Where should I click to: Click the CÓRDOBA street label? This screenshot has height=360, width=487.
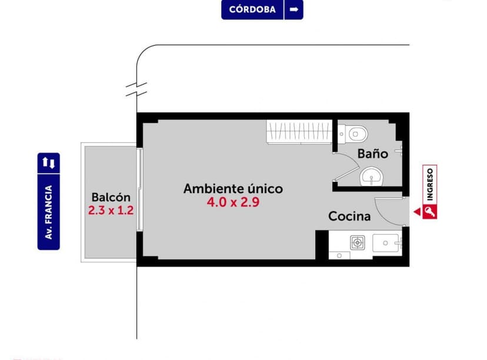(x=252, y=10)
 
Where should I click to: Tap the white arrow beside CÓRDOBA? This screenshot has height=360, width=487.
(x=294, y=10)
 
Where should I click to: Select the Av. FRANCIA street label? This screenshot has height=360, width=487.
(x=49, y=212)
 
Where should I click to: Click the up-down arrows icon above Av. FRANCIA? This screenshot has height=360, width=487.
(x=49, y=162)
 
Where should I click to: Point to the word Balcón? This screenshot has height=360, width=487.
(x=111, y=197)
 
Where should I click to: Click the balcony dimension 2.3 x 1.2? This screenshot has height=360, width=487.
(x=111, y=210)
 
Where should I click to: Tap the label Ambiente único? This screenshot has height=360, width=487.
(x=233, y=189)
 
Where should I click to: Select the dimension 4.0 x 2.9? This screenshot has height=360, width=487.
(x=233, y=202)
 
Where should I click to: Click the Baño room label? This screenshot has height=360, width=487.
(x=373, y=154)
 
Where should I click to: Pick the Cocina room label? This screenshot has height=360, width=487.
(x=349, y=216)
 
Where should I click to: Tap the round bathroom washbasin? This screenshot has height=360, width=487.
(x=371, y=175)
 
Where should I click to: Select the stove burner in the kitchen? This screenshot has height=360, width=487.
(x=358, y=242)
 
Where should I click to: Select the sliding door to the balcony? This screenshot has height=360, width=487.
(x=140, y=189)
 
